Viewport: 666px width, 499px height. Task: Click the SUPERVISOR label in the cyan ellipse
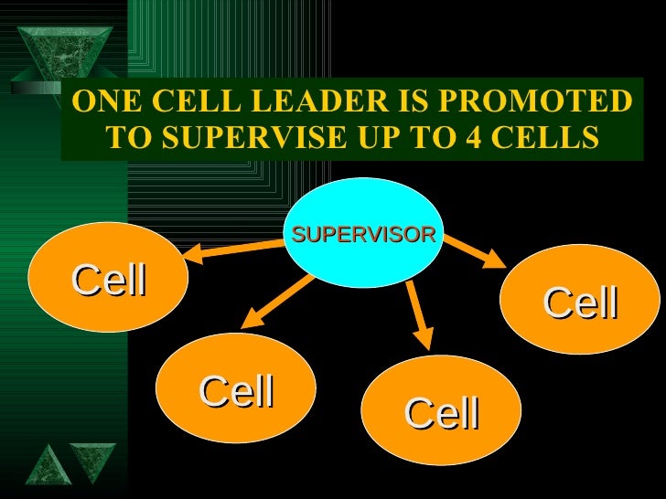click(x=363, y=234)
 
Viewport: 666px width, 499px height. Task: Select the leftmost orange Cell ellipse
click(x=108, y=278)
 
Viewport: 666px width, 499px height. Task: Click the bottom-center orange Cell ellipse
click(x=442, y=411)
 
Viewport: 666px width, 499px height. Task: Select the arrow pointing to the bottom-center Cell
click(x=420, y=316)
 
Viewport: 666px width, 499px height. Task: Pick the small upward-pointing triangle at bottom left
click(x=43, y=466)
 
